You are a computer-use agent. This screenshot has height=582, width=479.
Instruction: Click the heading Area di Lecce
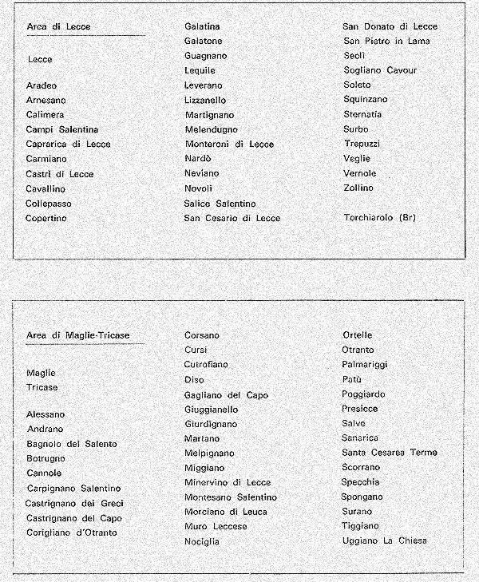coord(58,26)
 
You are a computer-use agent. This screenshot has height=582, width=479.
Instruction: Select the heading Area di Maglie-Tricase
coord(77,335)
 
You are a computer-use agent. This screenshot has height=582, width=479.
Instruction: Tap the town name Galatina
coord(203,26)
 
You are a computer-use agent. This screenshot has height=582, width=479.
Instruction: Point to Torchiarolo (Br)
coord(379,217)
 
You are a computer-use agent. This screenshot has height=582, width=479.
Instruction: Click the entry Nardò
coord(199,159)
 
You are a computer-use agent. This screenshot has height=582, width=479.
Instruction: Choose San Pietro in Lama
coord(386,41)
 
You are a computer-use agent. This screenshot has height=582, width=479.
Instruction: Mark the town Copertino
coord(46,218)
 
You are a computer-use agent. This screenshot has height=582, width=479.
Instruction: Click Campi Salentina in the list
coord(62,129)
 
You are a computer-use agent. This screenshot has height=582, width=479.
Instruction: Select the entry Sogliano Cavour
coord(380,70)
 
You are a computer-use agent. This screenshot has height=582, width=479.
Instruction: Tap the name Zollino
coord(358,188)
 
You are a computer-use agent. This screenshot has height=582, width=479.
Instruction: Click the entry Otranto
coord(358,350)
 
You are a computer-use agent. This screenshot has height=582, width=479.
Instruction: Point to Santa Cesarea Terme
coord(389,453)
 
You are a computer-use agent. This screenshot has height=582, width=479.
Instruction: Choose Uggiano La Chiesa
coord(385,541)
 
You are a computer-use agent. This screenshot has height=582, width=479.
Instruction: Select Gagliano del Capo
coord(226,394)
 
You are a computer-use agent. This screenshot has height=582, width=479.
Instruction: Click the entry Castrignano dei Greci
coord(75,503)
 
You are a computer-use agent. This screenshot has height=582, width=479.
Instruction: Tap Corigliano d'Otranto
coord(71,533)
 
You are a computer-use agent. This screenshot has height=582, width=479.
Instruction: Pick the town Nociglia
coord(201,541)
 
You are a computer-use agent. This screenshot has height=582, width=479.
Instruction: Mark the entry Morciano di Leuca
coord(226,512)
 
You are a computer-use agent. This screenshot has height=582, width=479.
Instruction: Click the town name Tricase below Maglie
coord(42,387)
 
